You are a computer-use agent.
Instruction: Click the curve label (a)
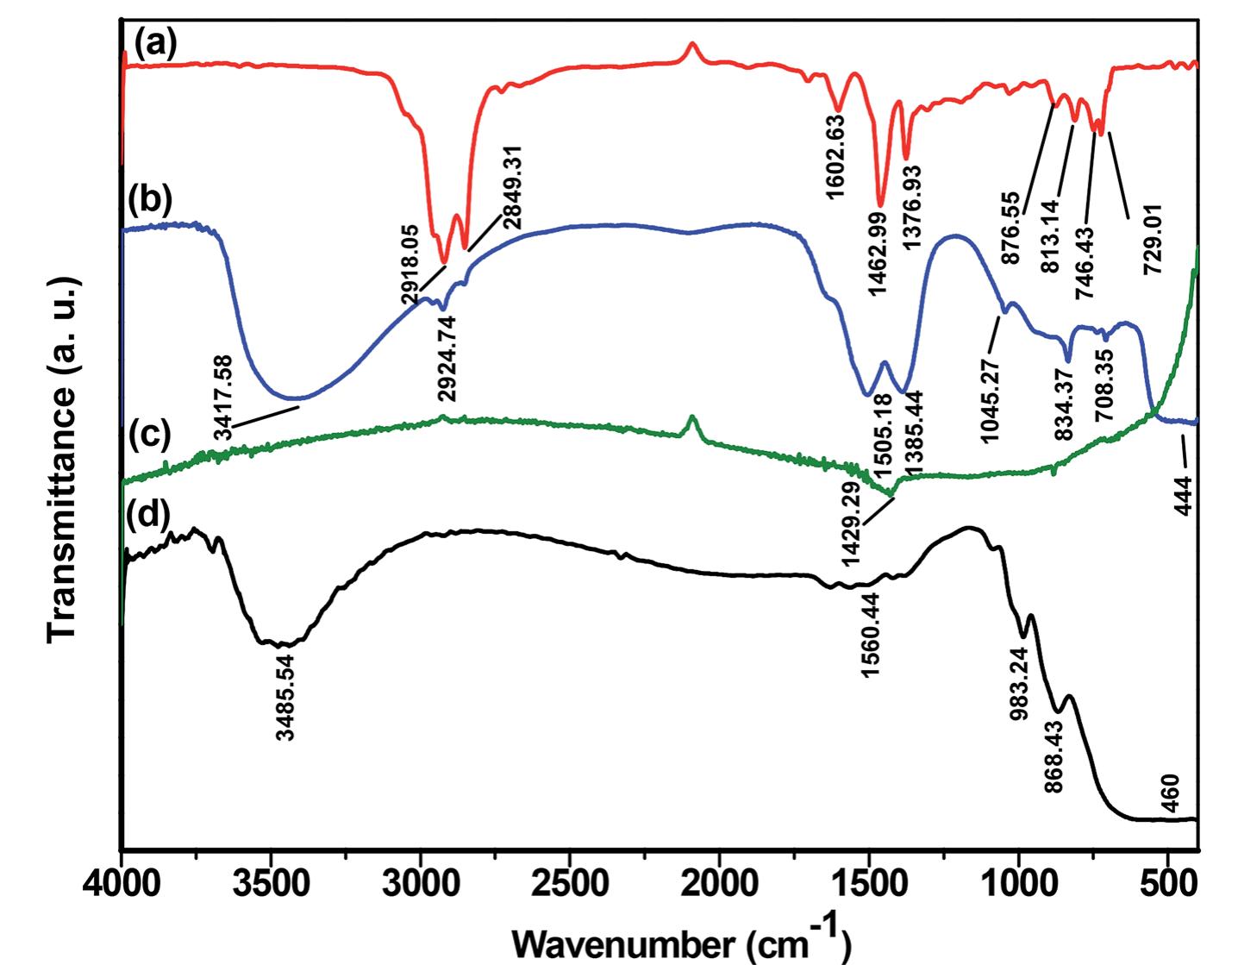tap(155, 43)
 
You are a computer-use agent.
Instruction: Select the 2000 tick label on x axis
tap(719, 887)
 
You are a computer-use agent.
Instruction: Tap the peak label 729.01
tap(1153, 239)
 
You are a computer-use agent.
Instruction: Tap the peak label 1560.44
tap(871, 635)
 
